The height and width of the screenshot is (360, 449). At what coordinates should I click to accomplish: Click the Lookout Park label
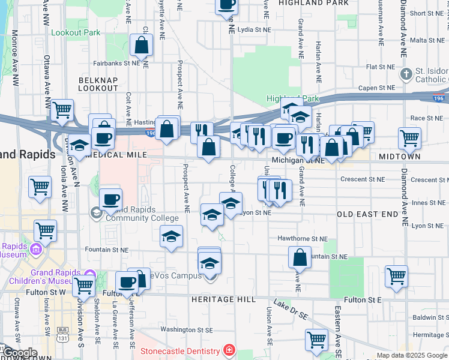pyautogui.click(x=76, y=32)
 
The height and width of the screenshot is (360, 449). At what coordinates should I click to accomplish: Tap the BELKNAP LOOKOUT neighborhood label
pyautogui.click(x=98, y=83)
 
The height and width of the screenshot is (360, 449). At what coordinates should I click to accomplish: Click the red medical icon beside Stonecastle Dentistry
pyautogui.click(x=228, y=349)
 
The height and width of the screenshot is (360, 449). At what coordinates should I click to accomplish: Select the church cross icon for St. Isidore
pyautogui.click(x=406, y=74)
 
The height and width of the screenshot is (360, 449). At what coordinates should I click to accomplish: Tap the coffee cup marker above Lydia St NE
pyautogui.click(x=226, y=5)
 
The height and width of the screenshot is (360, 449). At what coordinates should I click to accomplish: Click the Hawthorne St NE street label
pyautogui.click(x=302, y=238)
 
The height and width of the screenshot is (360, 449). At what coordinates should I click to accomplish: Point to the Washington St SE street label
pyautogui.click(x=187, y=329)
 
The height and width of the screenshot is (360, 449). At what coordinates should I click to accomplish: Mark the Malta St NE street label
pyautogui.click(x=426, y=40)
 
